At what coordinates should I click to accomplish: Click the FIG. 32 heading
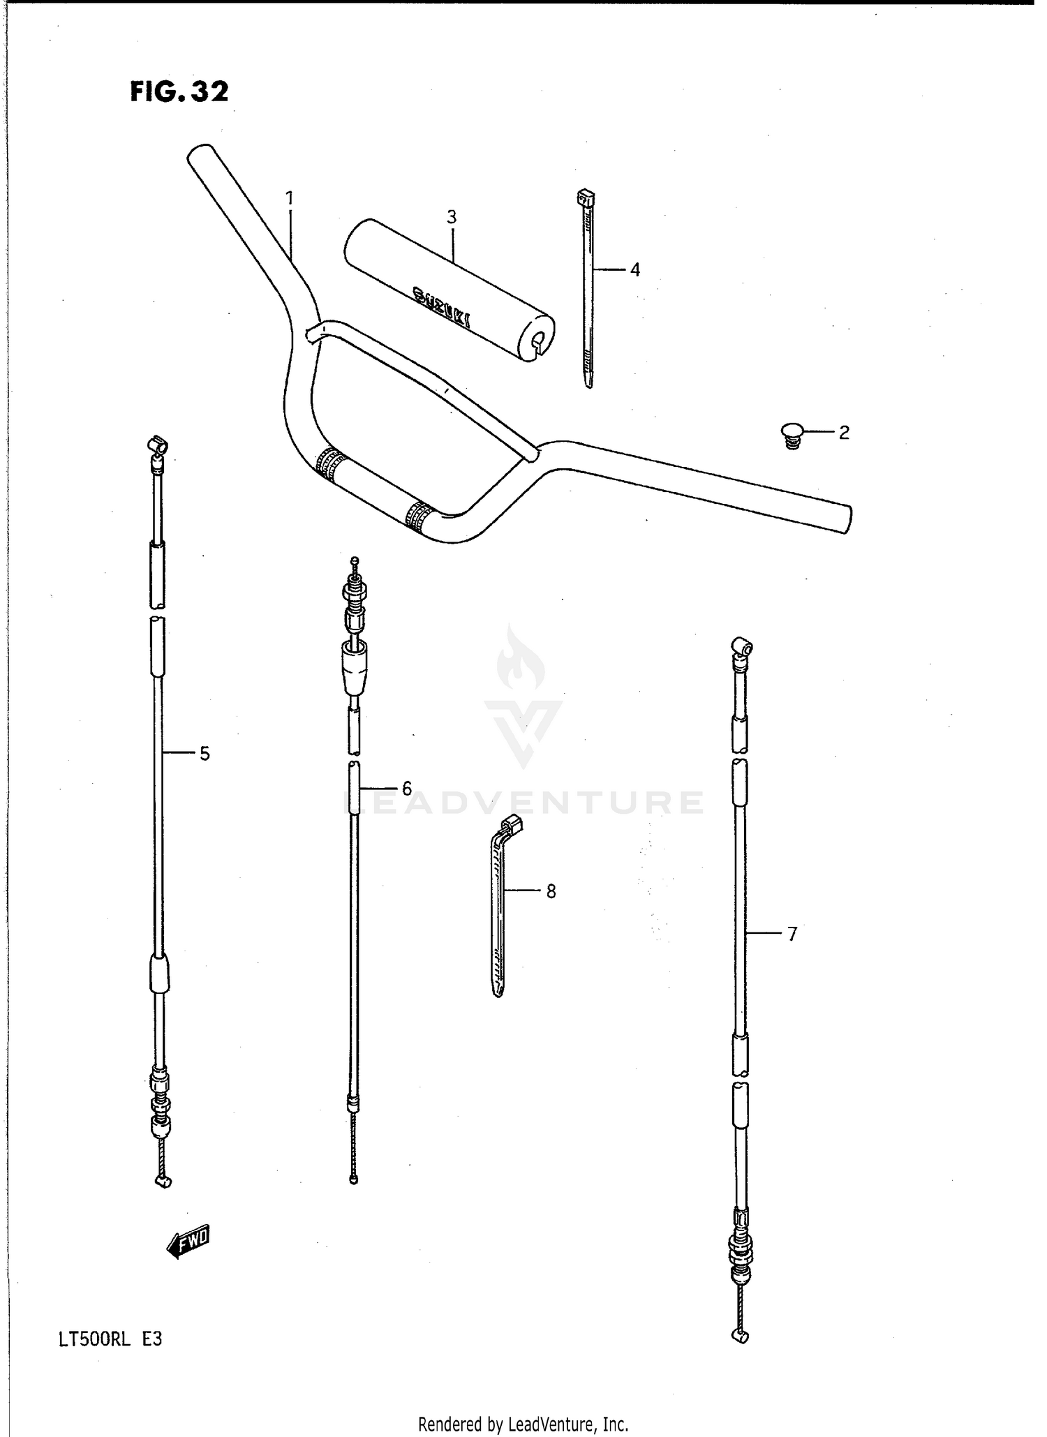coord(179,91)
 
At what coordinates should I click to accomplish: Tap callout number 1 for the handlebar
coord(290,198)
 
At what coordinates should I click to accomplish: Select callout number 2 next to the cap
coord(844,433)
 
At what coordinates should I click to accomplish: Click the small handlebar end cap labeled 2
coord(792,434)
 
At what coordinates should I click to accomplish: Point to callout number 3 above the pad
coord(452,217)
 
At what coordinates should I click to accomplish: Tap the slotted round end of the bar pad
coord(538,340)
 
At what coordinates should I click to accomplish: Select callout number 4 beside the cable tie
coord(634,269)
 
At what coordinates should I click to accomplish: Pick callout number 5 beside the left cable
coord(205,753)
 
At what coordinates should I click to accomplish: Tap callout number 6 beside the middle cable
coord(407,789)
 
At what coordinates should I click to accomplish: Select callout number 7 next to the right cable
coord(792,934)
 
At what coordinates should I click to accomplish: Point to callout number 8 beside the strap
coord(551,891)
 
